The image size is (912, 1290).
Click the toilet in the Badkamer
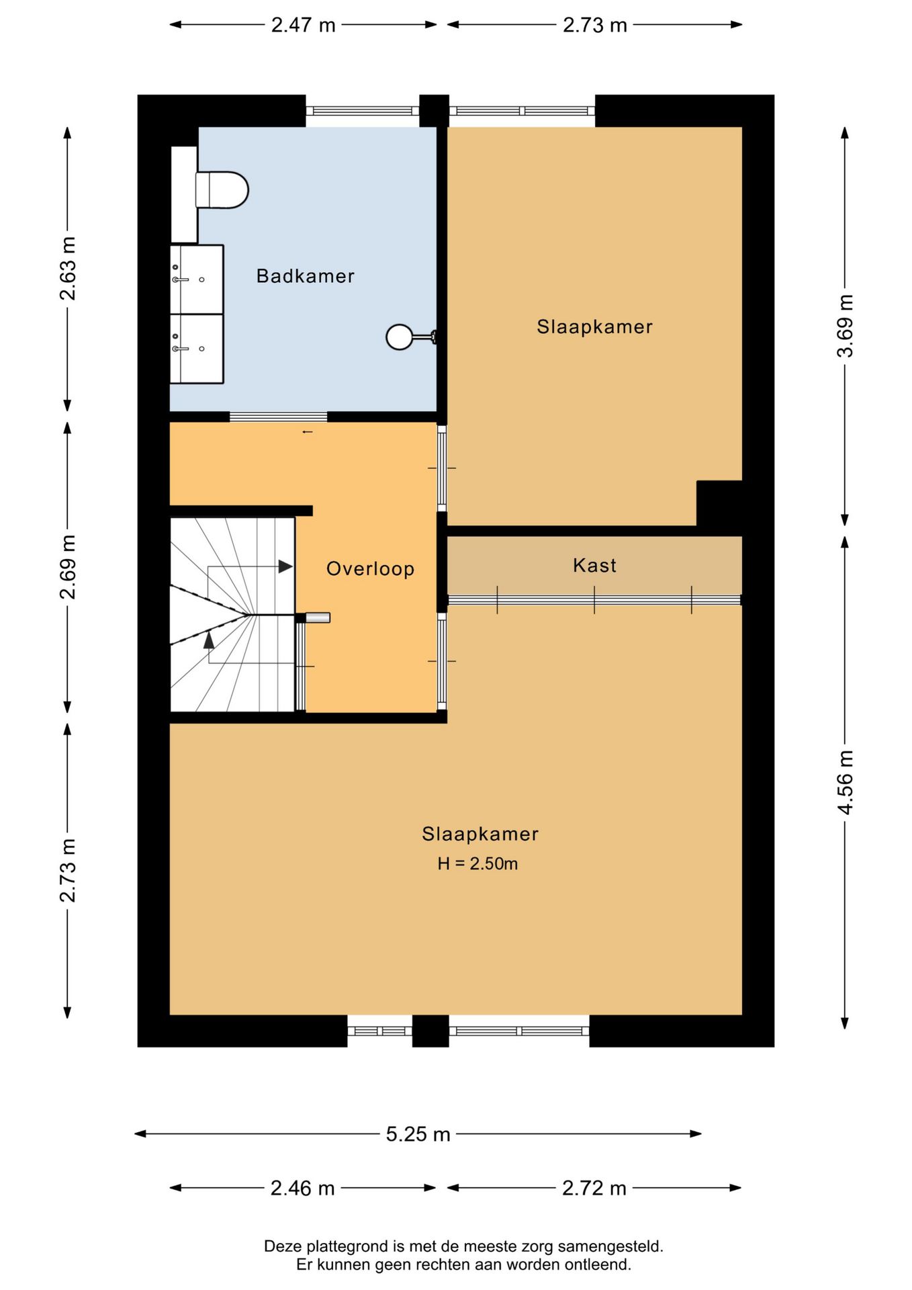point(223,189)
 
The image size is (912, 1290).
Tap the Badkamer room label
point(305,276)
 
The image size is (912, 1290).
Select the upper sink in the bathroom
point(196,279)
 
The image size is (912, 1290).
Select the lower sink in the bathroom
point(196,349)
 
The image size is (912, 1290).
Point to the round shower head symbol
point(399,337)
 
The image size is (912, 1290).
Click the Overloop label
point(370,569)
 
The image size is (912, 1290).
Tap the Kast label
point(594,566)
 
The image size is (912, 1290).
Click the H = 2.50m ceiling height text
point(477,864)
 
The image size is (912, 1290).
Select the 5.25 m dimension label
point(418,1134)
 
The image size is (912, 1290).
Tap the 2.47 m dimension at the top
point(303,25)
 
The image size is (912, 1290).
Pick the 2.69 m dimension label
point(68,567)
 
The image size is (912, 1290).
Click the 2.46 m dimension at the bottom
point(302,1189)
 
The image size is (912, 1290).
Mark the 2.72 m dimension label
point(594,1189)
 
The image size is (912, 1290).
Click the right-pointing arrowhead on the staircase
point(286,566)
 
